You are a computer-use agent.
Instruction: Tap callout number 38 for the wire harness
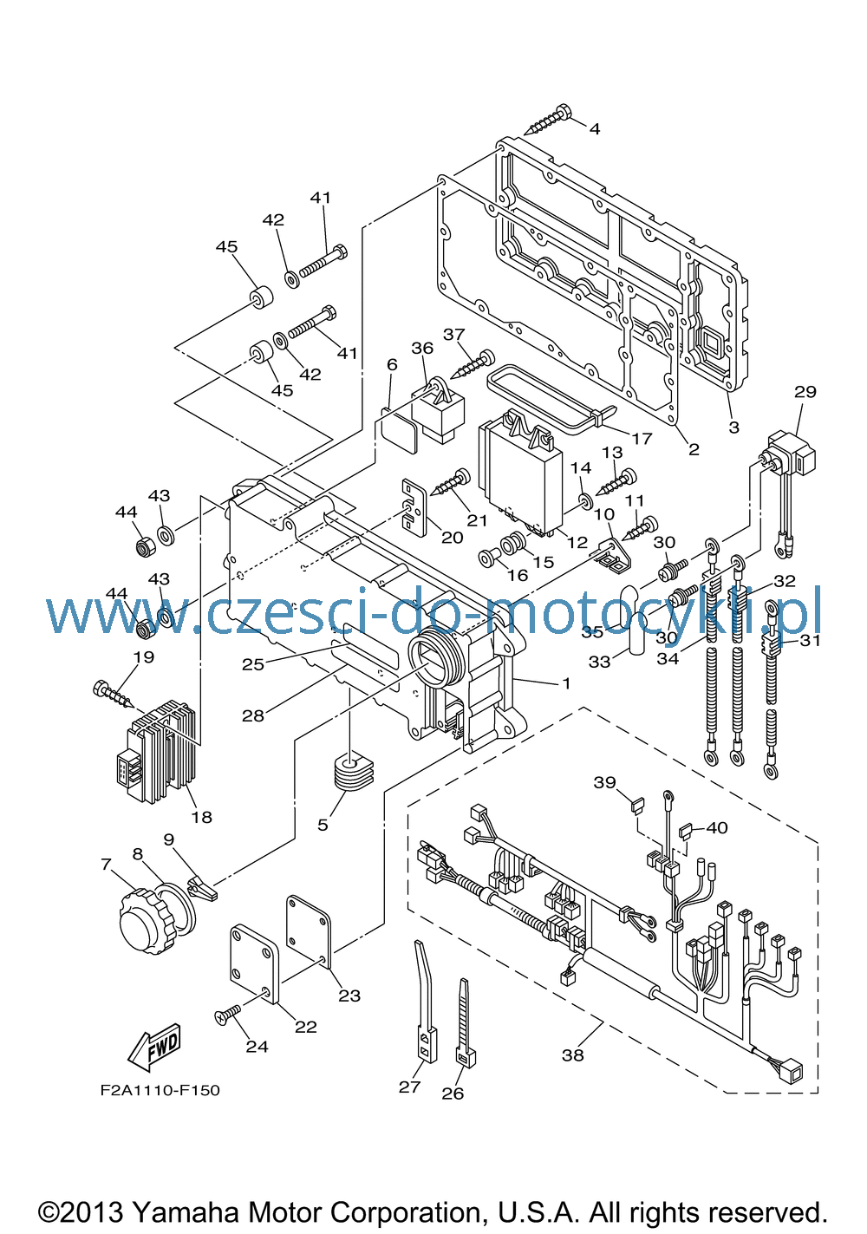click(x=572, y=1055)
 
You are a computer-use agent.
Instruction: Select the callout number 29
click(x=805, y=392)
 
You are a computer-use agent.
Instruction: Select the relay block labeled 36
click(x=438, y=408)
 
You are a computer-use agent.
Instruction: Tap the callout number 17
click(x=642, y=439)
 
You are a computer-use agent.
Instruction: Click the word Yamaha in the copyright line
click(x=186, y=1212)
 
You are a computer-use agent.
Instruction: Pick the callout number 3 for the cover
click(x=733, y=428)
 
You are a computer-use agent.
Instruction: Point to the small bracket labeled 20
click(x=414, y=506)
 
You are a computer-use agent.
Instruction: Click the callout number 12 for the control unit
click(x=577, y=542)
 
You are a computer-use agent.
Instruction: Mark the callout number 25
click(x=253, y=664)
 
